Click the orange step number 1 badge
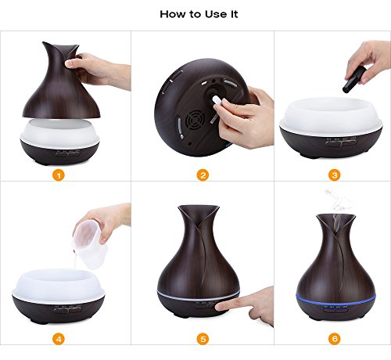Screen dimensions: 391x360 coord(59,175)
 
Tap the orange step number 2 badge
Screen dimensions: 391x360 coord(203,175)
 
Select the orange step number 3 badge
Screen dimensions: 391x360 coord(335,175)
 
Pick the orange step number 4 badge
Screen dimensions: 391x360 coord(59,339)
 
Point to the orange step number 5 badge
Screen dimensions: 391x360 coord(203,339)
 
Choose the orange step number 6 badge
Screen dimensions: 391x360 coord(335,339)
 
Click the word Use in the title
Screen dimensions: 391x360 coord(216,14)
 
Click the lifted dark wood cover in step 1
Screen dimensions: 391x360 coord(61,81)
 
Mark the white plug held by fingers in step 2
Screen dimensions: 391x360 coord(217,99)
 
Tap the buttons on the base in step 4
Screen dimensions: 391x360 coord(67,310)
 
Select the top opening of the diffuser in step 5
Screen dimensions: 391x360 coord(199,208)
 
